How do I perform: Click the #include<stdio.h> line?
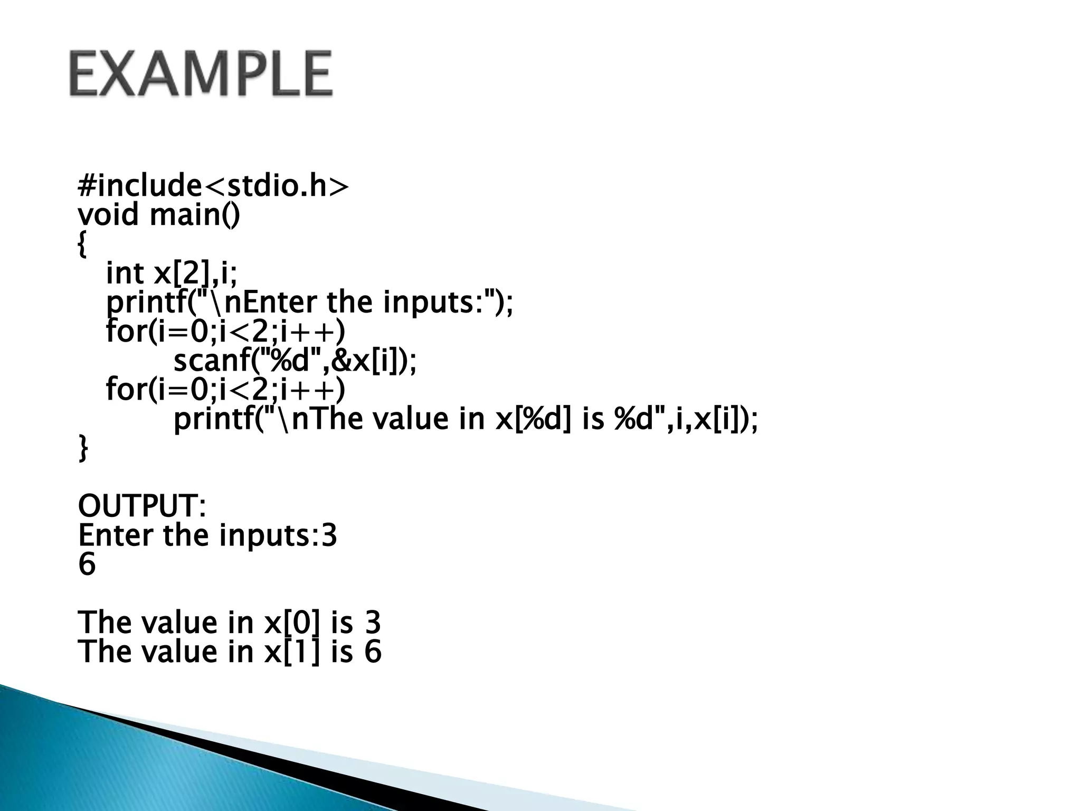pyautogui.click(x=213, y=186)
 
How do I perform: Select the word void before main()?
pyautogui.click(x=108, y=215)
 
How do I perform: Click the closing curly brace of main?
pyautogui.click(x=83, y=448)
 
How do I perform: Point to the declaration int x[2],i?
pyautogui.click(x=172, y=274)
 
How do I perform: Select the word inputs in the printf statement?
pyautogui.click(x=432, y=303)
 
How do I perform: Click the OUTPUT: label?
pyautogui.click(x=141, y=506)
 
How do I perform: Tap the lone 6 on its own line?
pyautogui.click(x=87, y=564)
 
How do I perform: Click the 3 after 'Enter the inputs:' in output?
pyautogui.click(x=329, y=535)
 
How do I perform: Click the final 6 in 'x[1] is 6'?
pyautogui.click(x=373, y=652)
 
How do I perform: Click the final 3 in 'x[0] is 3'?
pyautogui.click(x=373, y=623)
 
